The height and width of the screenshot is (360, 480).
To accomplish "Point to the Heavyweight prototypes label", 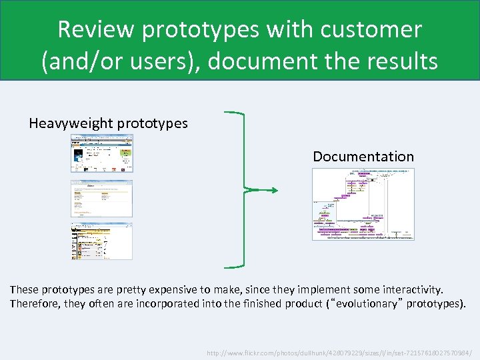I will (x=108, y=123).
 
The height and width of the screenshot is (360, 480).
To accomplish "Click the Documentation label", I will (x=363, y=157).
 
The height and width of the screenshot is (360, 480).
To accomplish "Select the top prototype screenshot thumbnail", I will (x=102, y=153).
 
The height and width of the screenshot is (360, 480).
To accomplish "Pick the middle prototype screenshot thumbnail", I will (x=102, y=198).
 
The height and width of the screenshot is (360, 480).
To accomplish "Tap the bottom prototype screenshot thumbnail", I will (x=102, y=241).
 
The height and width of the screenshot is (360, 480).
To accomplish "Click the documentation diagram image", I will (x=363, y=204).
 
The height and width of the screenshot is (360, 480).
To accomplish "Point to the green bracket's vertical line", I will (x=245, y=191).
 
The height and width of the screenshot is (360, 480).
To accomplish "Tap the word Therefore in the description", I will (x=35, y=304).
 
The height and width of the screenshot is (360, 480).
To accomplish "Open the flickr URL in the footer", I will (x=339, y=352).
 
